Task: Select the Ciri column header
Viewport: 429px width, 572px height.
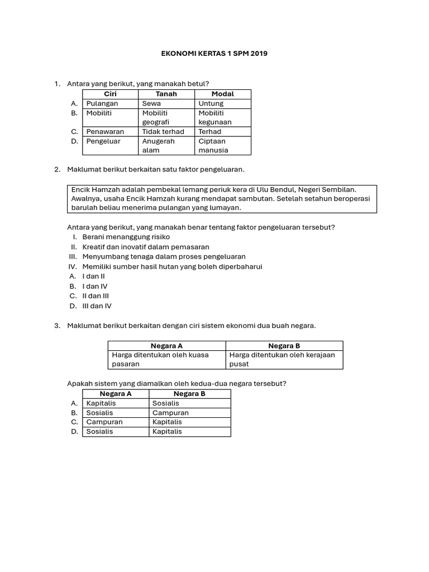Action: (x=110, y=94)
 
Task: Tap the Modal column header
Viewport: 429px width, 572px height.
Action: (x=222, y=94)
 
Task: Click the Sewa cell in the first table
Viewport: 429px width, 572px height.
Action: (x=151, y=103)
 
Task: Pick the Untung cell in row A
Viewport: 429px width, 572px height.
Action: (x=211, y=103)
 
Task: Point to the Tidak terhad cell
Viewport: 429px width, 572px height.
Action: (x=163, y=131)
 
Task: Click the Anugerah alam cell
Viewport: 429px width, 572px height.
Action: (x=158, y=145)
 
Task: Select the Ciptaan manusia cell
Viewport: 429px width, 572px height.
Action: (x=212, y=145)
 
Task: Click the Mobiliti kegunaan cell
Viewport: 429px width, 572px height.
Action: (x=214, y=117)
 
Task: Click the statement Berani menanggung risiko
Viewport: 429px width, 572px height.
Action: (x=126, y=237)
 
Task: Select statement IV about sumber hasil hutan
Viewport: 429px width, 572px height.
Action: (x=172, y=266)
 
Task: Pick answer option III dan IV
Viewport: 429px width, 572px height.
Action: (x=97, y=306)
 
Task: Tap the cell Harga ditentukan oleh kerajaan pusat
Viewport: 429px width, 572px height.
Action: (x=282, y=359)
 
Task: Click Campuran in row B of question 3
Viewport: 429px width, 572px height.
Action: (x=170, y=413)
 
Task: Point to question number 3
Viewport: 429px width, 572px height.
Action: (x=57, y=326)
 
